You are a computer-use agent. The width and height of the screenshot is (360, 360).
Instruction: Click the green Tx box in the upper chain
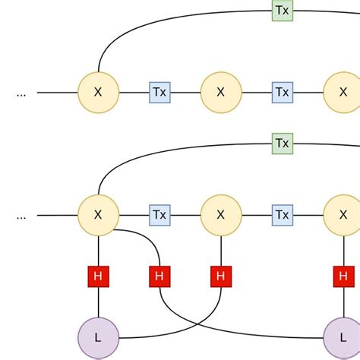point(282,10)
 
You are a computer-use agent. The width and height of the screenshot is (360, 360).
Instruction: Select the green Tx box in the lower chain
point(282,143)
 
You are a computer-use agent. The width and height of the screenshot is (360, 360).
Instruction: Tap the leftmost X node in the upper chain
point(98,93)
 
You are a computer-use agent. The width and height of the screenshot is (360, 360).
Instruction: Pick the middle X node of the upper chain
point(221,93)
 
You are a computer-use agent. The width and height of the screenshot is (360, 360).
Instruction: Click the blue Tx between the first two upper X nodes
point(159,93)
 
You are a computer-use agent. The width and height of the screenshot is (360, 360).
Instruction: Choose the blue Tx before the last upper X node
point(282,93)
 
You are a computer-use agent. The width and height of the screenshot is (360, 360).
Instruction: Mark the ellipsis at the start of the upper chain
point(21,93)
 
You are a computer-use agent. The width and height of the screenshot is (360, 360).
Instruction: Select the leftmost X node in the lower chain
point(98,215)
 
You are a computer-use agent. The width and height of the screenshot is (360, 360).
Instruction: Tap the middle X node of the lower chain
point(221,215)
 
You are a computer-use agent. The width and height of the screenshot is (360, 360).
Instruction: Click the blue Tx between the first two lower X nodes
point(159,215)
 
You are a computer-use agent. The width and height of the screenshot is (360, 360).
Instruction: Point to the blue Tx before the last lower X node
point(282,215)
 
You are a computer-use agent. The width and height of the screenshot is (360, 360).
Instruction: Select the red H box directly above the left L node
point(98,276)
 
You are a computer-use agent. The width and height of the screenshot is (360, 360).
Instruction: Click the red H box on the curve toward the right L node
point(159,276)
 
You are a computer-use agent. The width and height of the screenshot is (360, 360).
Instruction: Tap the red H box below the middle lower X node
point(221,276)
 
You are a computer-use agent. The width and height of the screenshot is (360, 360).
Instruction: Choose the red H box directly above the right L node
point(343,276)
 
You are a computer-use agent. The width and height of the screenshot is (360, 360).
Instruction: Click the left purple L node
point(98,337)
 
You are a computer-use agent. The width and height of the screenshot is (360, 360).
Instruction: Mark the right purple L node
point(343,337)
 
